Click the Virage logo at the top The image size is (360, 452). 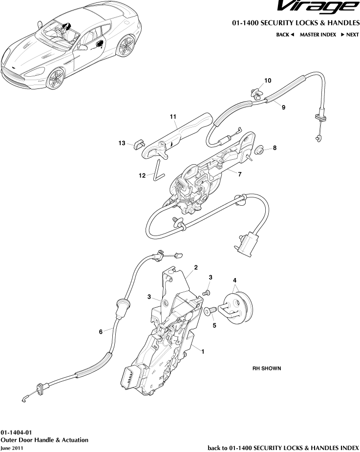click(x=317, y=7)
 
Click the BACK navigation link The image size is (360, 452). click(x=285, y=35)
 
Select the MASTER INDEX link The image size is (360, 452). click(x=318, y=35)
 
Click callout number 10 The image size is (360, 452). click(x=268, y=80)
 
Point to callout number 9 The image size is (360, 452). click(x=284, y=108)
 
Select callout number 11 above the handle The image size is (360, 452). click(x=173, y=117)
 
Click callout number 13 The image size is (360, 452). click(x=122, y=143)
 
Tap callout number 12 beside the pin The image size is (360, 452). click(x=142, y=175)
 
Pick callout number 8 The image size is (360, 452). click(x=275, y=148)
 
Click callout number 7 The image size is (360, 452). click(x=240, y=173)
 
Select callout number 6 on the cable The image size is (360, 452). click(x=101, y=331)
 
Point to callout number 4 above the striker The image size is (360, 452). click(x=235, y=280)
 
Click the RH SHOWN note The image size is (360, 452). click(x=266, y=368)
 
